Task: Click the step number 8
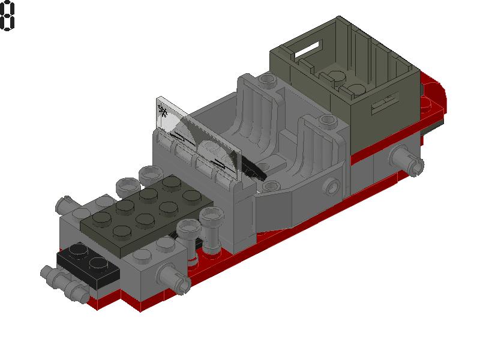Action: click(7, 16)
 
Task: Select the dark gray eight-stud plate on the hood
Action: click(144, 210)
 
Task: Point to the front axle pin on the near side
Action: click(171, 277)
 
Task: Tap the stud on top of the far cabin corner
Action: click(265, 80)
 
